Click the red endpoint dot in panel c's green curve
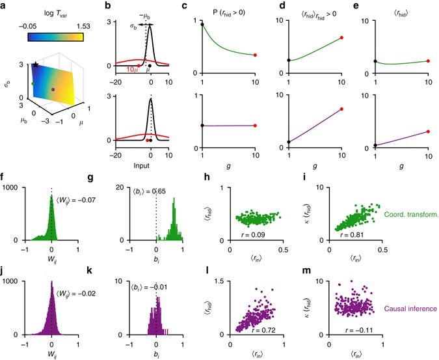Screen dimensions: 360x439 click(x=256, y=55)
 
